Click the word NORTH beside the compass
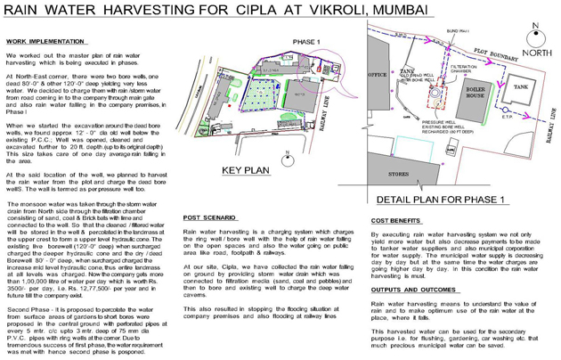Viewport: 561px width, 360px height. (536, 53)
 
